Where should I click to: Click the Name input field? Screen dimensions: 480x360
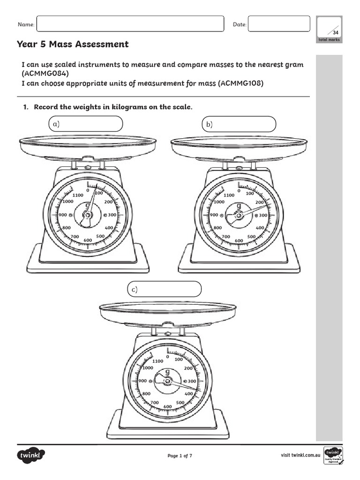pyautogui.click(x=130, y=24)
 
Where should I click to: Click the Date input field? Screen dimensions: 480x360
pyautogui.click(x=278, y=24)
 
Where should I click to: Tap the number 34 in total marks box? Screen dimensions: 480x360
pyautogui.click(x=335, y=33)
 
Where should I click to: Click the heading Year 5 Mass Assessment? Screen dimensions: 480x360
pyautogui.click(x=73, y=45)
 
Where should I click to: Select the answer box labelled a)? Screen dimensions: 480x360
pyautogui.click(x=86, y=124)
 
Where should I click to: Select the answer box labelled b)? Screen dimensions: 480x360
pyautogui.click(x=239, y=125)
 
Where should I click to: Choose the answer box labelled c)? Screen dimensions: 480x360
pyautogui.click(x=164, y=290)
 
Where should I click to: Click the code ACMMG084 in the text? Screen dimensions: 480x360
pyautogui.click(x=47, y=74)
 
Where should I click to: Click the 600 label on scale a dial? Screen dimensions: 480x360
pyautogui.click(x=88, y=240)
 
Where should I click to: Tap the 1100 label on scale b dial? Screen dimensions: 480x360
pyautogui.click(x=229, y=195)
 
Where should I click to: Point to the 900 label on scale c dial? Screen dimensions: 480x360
pyautogui.click(x=142, y=381)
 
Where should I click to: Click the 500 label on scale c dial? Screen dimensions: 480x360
pyautogui.click(x=180, y=402)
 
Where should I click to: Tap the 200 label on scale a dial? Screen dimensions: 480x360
pyautogui.click(x=109, y=202)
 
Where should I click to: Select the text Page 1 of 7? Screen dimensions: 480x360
pyautogui.click(x=180, y=456)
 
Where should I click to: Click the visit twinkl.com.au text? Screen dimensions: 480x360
pyautogui.click(x=300, y=455)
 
